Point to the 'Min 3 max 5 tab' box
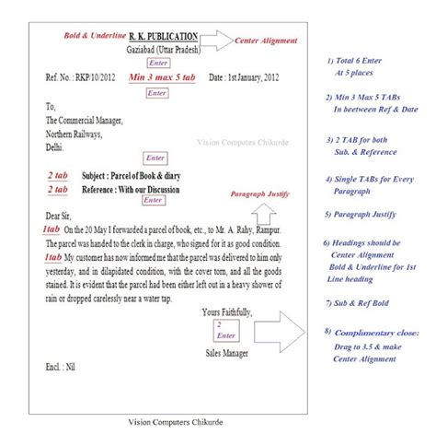157,80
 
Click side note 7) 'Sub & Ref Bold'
361,302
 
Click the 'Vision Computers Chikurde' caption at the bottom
178,422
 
